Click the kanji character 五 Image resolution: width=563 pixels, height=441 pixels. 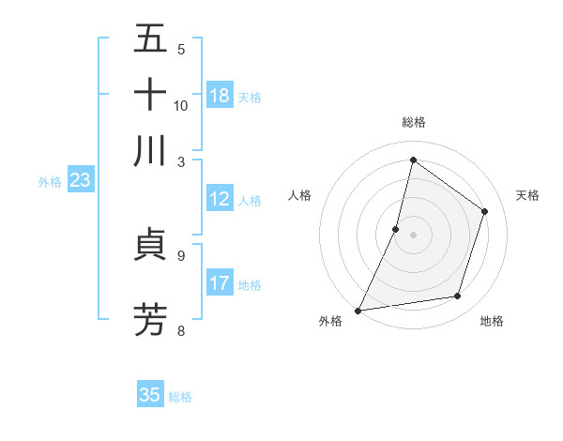[x=150, y=38]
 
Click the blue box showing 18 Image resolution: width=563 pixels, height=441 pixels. [x=220, y=96]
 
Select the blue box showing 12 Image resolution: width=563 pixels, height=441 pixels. [x=220, y=199]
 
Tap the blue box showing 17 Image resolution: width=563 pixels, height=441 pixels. [x=220, y=283]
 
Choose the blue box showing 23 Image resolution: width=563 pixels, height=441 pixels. [x=80, y=181]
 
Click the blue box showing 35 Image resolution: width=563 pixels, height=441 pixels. [x=150, y=395]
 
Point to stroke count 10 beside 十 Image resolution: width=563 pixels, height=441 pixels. [x=181, y=105]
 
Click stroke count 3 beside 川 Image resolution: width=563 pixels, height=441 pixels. [x=181, y=160]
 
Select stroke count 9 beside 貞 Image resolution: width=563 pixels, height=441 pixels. [x=181, y=254]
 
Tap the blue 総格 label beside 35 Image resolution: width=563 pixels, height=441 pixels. [x=180, y=397]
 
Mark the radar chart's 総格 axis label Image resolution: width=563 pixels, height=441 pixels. [x=413, y=122]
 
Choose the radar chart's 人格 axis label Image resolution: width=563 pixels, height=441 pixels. [x=300, y=195]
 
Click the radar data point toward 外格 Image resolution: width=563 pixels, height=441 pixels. [x=358, y=310]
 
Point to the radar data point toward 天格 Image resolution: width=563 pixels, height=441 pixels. [x=484, y=211]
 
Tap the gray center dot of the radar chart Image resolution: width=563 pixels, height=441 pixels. [x=413, y=234]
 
